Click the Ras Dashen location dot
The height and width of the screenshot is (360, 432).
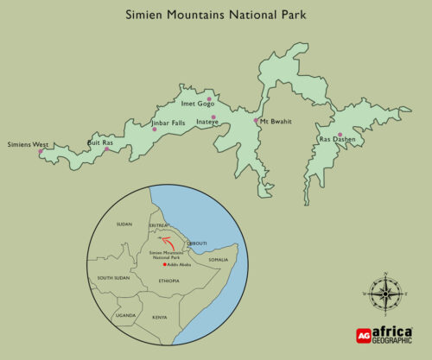click(x=340, y=134)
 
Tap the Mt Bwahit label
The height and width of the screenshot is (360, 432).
click(x=275, y=122)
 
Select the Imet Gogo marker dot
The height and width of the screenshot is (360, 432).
click(x=209, y=98)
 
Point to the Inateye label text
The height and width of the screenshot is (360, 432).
click(x=207, y=123)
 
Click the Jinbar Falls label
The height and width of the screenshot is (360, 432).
click(x=168, y=123)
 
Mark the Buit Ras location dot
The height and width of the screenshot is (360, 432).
click(x=106, y=149)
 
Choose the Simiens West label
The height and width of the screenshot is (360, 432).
click(x=27, y=144)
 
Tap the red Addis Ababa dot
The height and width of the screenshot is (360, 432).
click(x=165, y=265)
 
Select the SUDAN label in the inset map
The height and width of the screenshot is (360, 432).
click(x=124, y=224)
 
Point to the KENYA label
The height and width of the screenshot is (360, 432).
click(x=160, y=318)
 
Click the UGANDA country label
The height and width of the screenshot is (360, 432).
click(x=127, y=316)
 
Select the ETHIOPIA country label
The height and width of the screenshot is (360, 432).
click(x=168, y=281)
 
